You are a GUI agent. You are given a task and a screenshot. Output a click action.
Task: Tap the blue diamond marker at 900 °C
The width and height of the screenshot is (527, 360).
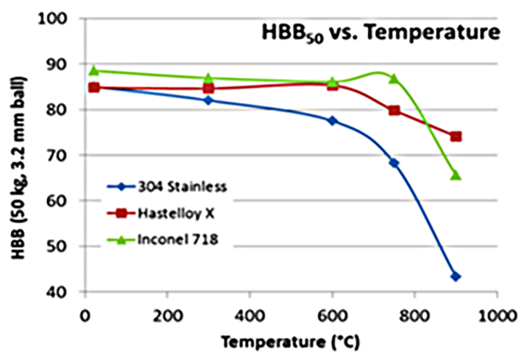(x=456, y=276)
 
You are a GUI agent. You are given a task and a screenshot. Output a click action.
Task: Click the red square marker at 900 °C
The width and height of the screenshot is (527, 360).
(x=456, y=136)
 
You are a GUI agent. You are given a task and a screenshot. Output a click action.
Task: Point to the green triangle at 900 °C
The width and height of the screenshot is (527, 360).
(x=456, y=175)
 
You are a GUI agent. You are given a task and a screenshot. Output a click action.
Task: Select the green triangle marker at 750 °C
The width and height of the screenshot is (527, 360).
(x=394, y=78)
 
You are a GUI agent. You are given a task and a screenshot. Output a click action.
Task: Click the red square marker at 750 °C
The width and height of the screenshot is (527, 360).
(x=394, y=110)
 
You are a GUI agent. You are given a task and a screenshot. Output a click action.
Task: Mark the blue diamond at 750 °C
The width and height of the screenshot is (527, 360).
(x=394, y=163)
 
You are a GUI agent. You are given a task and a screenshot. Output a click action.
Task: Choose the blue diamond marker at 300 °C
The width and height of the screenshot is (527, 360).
(x=209, y=100)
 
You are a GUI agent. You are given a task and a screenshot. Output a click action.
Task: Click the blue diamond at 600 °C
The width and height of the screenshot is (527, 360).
(x=332, y=120)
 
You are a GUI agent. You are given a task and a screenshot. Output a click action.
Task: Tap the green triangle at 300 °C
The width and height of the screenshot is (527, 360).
(x=209, y=78)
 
